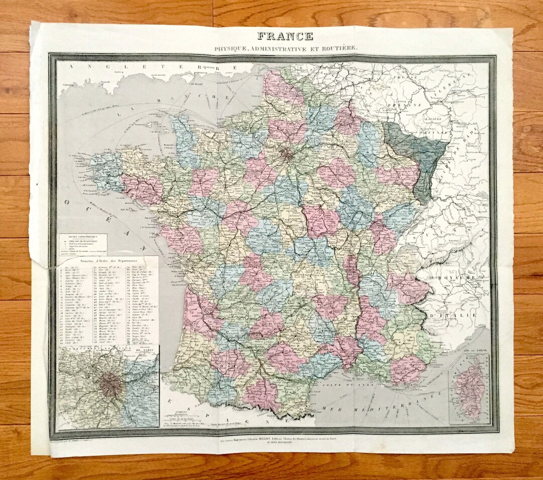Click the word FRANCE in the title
pos(285,36)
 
